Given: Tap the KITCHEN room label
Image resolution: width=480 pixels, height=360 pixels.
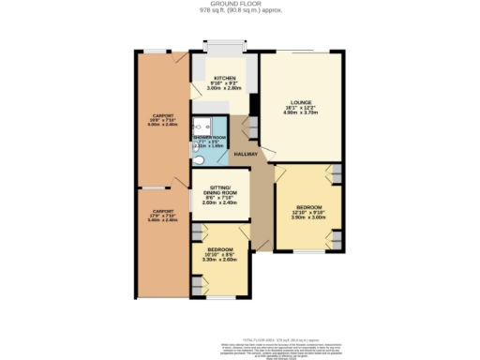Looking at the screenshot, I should (x=224, y=78).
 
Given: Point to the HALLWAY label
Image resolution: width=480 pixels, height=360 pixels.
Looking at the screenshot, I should (x=246, y=154).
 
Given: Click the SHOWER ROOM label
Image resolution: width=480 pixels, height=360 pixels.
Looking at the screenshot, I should (x=209, y=137).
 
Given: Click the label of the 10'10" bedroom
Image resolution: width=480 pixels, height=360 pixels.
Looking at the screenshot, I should (x=220, y=249).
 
